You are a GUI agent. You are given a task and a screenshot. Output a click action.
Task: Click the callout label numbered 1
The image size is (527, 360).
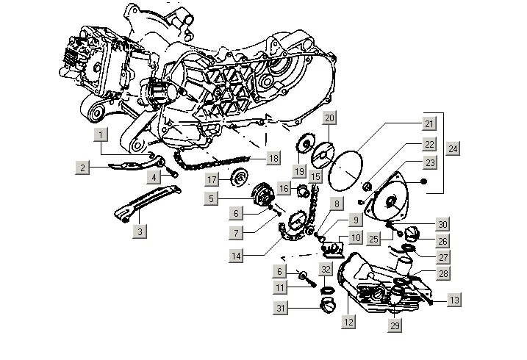101,135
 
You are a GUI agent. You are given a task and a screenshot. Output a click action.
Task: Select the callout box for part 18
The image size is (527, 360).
273,158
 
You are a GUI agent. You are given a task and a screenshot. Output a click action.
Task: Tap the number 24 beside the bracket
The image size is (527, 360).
453,148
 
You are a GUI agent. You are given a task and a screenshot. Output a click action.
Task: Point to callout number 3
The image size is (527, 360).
140,231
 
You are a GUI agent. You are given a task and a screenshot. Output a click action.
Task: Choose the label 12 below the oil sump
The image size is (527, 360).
348,322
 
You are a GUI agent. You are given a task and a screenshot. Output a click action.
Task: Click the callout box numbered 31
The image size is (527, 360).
281,308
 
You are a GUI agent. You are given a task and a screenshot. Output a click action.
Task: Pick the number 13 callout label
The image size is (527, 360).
454,300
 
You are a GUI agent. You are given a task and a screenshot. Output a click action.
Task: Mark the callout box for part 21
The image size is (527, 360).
429,123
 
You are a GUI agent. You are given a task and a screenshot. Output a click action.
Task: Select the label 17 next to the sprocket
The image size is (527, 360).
212,179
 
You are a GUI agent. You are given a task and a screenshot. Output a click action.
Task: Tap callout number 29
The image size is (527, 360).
395,325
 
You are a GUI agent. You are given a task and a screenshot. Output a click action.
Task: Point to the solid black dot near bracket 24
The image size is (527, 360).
424,181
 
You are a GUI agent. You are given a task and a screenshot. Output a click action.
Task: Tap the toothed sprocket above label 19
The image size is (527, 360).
306,144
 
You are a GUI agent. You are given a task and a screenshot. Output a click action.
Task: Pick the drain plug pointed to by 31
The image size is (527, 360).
328,305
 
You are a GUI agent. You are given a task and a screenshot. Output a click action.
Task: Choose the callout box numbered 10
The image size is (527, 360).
356,238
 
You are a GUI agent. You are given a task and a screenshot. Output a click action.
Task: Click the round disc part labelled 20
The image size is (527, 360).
323,155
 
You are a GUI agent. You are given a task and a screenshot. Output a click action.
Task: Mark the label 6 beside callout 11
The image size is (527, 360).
279,271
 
